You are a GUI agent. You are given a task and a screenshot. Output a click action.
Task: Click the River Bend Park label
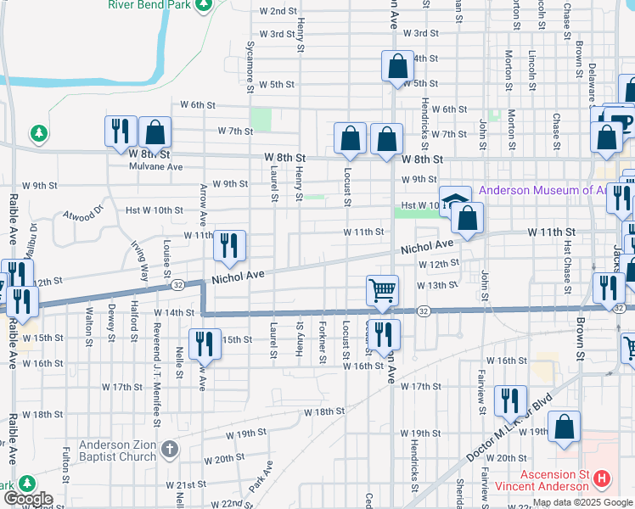tap(148, 4)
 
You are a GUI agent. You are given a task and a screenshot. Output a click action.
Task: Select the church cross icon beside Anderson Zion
tap(170, 448)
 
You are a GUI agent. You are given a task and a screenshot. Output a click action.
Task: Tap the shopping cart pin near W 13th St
tap(383, 290)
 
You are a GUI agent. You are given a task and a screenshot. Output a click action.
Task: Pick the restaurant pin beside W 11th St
tap(229, 246)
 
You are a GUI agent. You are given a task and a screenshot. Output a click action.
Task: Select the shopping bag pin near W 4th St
tap(397, 67)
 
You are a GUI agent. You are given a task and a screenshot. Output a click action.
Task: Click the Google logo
tap(27, 500)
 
